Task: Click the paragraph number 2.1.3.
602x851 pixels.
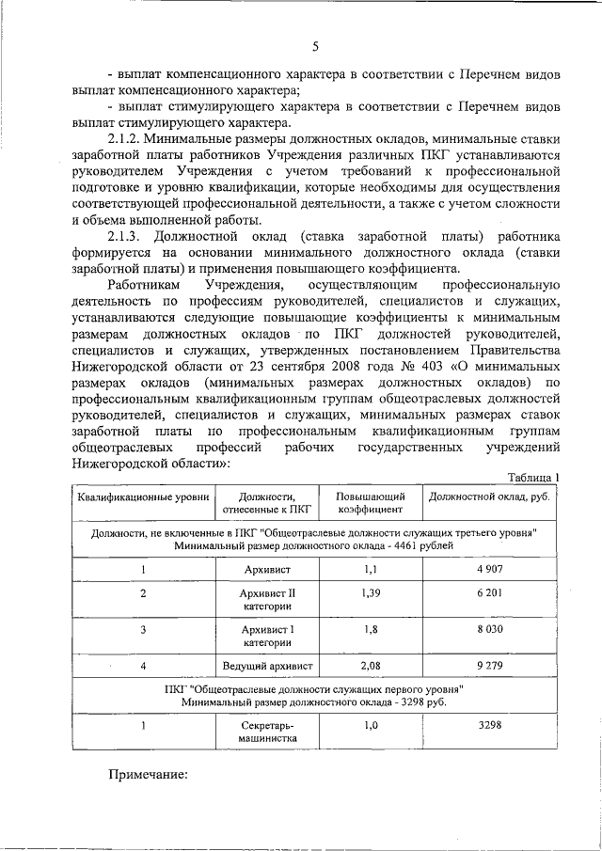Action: pos(127,235)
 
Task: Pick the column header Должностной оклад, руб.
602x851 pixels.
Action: pos(488,496)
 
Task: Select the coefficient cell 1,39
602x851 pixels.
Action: pos(371,593)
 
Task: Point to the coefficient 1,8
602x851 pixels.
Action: pos(371,629)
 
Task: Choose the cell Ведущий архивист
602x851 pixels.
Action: pos(267,666)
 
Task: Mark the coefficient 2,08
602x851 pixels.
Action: pos(371,666)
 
